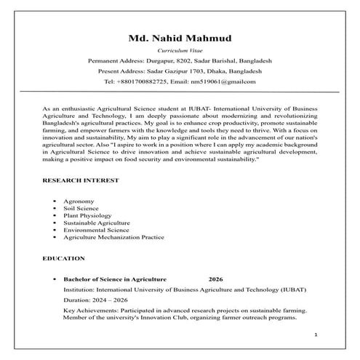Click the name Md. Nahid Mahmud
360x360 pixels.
pos(179,37)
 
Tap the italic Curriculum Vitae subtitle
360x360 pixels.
pos(179,50)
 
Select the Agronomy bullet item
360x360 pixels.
pos(79,200)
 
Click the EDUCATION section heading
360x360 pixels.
pos(64,258)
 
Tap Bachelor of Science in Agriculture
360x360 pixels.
pos(115,279)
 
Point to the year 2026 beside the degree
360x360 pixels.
pos(216,279)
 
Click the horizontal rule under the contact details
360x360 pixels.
pos(179,92)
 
